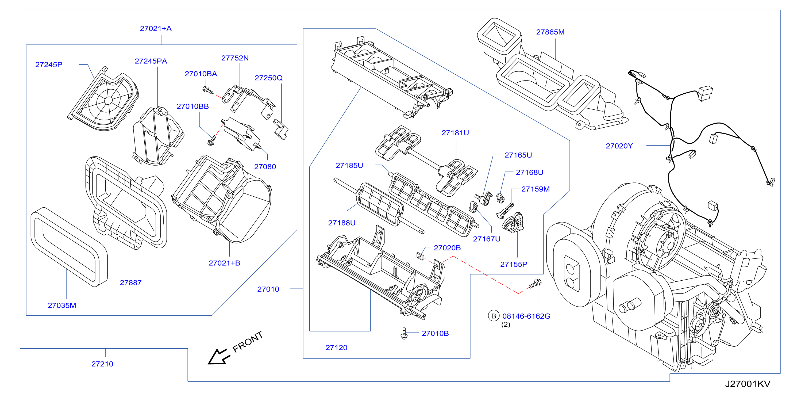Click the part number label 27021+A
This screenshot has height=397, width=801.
(156, 29)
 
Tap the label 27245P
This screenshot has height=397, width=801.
(49, 65)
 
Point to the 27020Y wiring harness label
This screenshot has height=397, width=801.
(619, 146)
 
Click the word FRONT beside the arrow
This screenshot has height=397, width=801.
(248, 342)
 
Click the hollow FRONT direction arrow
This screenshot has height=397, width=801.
(219, 357)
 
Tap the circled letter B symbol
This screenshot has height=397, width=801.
(494, 316)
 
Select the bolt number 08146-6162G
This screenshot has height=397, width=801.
(526, 316)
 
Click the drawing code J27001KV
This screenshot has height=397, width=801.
(748, 384)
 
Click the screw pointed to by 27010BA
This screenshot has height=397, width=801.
(208, 90)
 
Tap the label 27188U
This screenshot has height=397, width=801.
(342, 223)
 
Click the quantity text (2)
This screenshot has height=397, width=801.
(506, 325)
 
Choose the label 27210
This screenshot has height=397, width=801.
(102, 364)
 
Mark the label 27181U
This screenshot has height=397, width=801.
(455, 133)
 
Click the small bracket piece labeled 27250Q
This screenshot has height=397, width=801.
(281, 129)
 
